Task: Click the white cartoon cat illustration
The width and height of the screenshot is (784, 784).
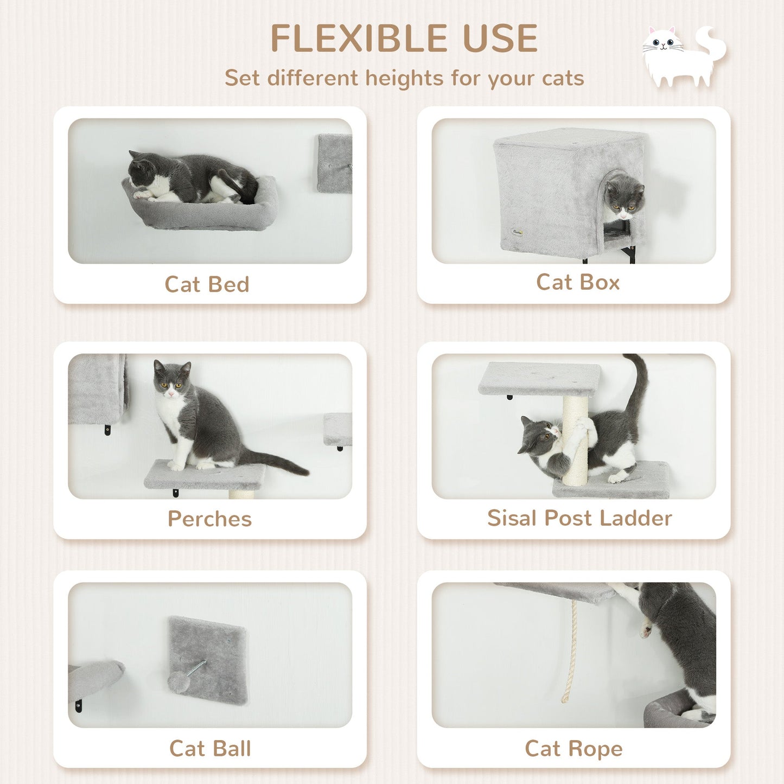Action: click(x=683, y=56)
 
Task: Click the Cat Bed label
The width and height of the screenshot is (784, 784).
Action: click(x=207, y=284)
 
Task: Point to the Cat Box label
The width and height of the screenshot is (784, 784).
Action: click(x=578, y=282)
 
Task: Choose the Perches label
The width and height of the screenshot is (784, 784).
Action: click(x=209, y=519)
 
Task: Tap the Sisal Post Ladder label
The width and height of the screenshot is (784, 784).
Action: click(x=579, y=518)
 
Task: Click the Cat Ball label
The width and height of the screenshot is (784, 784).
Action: click(x=210, y=748)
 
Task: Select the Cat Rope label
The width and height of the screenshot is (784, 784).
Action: click(x=573, y=748)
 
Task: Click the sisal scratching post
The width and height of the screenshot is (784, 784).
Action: click(x=575, y=439)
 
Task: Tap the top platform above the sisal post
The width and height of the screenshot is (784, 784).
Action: click(x=539, y=378)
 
